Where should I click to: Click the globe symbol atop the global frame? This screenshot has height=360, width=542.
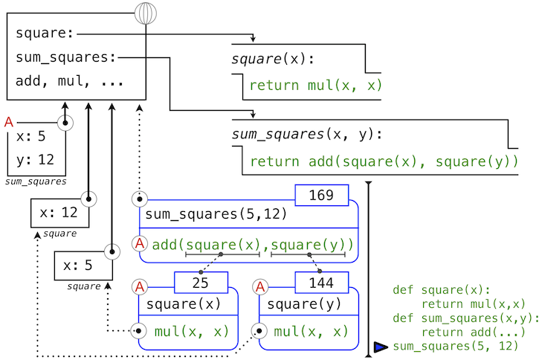click(146, 13)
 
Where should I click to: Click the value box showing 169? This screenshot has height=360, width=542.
click(321, 196)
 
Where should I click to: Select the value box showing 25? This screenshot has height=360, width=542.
click(200, 283)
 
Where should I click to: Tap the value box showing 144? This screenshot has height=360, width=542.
click(321, 283)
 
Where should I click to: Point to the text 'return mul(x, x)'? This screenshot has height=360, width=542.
click(315, 86)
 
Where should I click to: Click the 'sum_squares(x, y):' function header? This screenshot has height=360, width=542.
click(306, 135)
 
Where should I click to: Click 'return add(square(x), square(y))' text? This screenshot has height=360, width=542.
click(383, 161)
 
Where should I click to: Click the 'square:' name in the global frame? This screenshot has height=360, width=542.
click(44, 33)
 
